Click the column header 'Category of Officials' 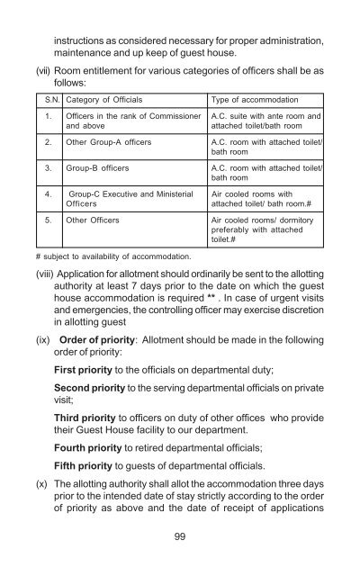tap(102, 99)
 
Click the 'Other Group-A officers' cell tap(107, 142)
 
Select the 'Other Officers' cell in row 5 tap(94, 218)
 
